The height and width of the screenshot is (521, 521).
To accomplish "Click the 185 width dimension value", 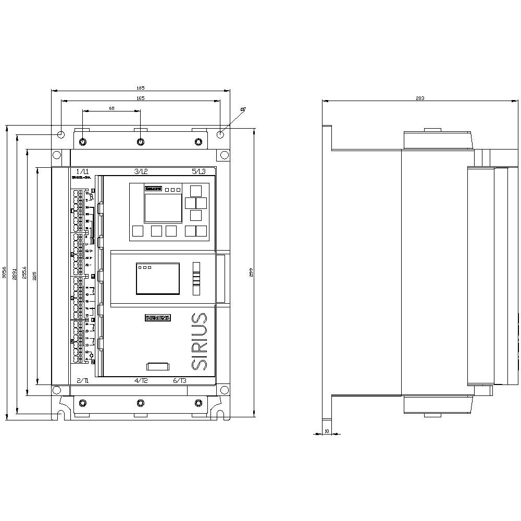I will coord(141,88).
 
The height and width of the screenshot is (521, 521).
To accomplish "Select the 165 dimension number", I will coord(141,98).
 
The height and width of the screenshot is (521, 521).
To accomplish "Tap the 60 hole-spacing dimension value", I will coord(111,108).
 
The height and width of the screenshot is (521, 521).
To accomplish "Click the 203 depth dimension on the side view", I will coord(420,98).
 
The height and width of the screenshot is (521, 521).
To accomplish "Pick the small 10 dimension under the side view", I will coord(327,431).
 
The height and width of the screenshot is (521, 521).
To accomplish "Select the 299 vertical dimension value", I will coord(251,272).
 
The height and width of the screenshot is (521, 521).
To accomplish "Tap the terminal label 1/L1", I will coord(82,171).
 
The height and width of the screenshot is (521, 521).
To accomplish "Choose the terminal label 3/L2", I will coord(141,171).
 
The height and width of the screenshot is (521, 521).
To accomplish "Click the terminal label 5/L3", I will coord(199,171).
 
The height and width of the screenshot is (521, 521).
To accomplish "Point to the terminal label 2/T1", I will coord(82,381).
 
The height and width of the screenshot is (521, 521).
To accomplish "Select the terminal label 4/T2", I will coord(141,381).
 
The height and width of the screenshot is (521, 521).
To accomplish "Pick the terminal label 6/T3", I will coord(180,381).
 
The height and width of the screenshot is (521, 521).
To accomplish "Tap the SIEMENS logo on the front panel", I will coord(158,317).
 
